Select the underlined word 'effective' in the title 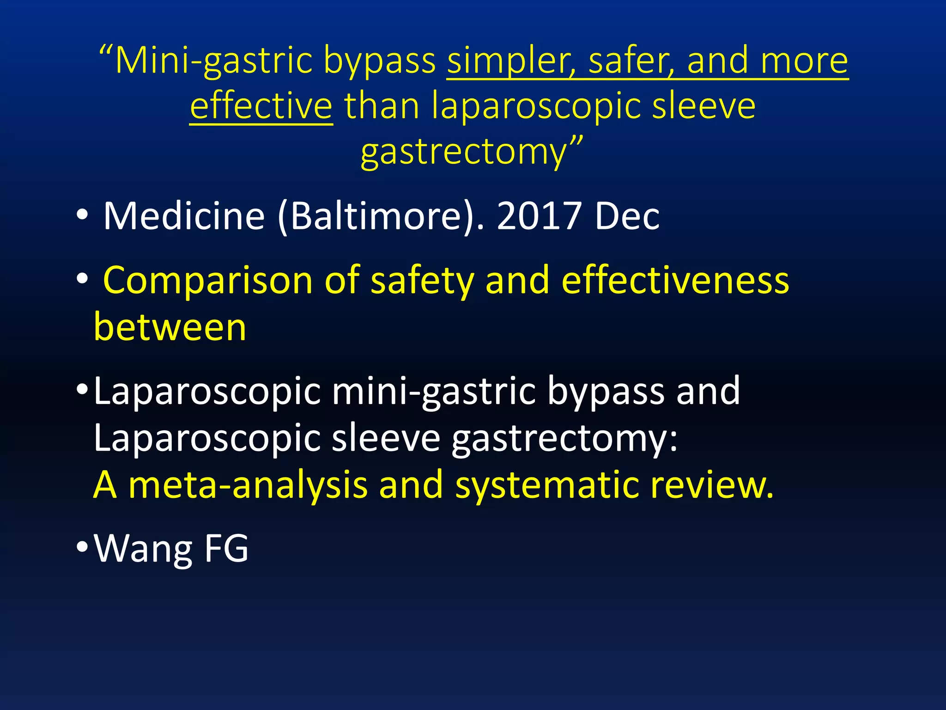pyautogui.click(x=261, y=106)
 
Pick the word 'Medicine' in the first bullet pyautogui.click(x=184, y=216)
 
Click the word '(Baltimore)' pyautogui.click(x=376, y=216)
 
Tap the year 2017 pyautogui.click(x=539, y=216)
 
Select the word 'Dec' pyautogui.click(x=627, y=216)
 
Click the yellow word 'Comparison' pyautogui.click(x=208, y=281)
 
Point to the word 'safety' pyautogui.click(x=422, y=281)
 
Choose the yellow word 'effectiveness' pyautogui.click(x=675, y=281)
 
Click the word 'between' pyautogui.click(x=170, y=327)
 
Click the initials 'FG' pyautogui.click(x=226, y=549)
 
